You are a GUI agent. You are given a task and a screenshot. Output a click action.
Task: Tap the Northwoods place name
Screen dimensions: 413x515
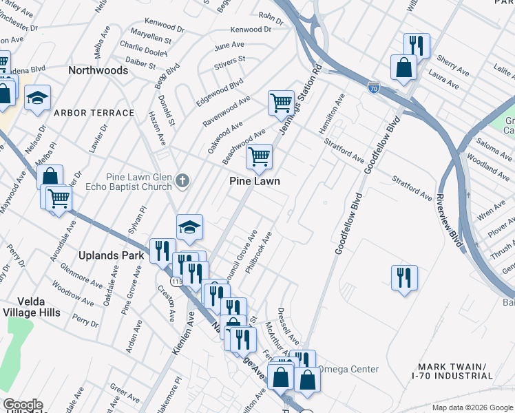(98, 71)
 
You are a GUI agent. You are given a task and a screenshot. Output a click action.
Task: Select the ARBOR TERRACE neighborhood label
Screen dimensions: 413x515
(94, 113)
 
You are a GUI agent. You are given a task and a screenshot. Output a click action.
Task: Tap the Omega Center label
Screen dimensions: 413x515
(347, 370)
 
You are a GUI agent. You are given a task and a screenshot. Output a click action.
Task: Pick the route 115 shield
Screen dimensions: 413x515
(176, 282)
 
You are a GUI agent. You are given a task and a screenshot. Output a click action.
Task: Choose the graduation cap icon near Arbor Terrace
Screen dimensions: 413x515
(38, 98)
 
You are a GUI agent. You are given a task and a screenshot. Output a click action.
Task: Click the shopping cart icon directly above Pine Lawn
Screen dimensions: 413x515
(259, 156)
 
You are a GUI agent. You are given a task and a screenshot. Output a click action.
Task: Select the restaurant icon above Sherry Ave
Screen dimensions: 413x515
(416, 45)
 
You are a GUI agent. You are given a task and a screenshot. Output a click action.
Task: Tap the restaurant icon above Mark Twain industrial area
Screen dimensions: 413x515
(403, 277)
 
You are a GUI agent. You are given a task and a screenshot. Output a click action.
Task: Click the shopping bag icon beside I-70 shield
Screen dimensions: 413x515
(403, 67)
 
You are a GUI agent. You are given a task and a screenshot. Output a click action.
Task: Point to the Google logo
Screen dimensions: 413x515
(22, 405)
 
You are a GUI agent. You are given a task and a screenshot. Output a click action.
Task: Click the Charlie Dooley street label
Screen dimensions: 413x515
(143, 52)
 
